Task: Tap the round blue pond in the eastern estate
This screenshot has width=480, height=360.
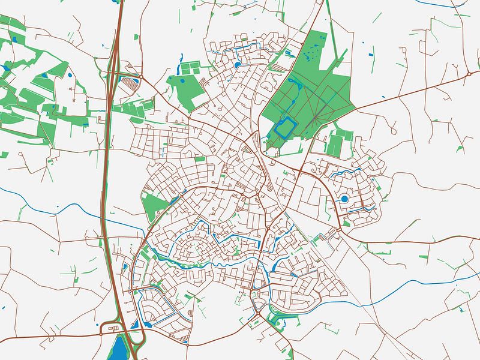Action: pos(344,199)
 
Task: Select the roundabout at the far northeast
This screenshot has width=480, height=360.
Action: pos(469,74)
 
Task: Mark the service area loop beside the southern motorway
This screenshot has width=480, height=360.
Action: pos(111,328)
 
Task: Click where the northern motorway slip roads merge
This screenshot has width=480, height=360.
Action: pos(113,60)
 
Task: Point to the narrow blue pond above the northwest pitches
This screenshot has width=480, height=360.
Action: pos(180,59)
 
